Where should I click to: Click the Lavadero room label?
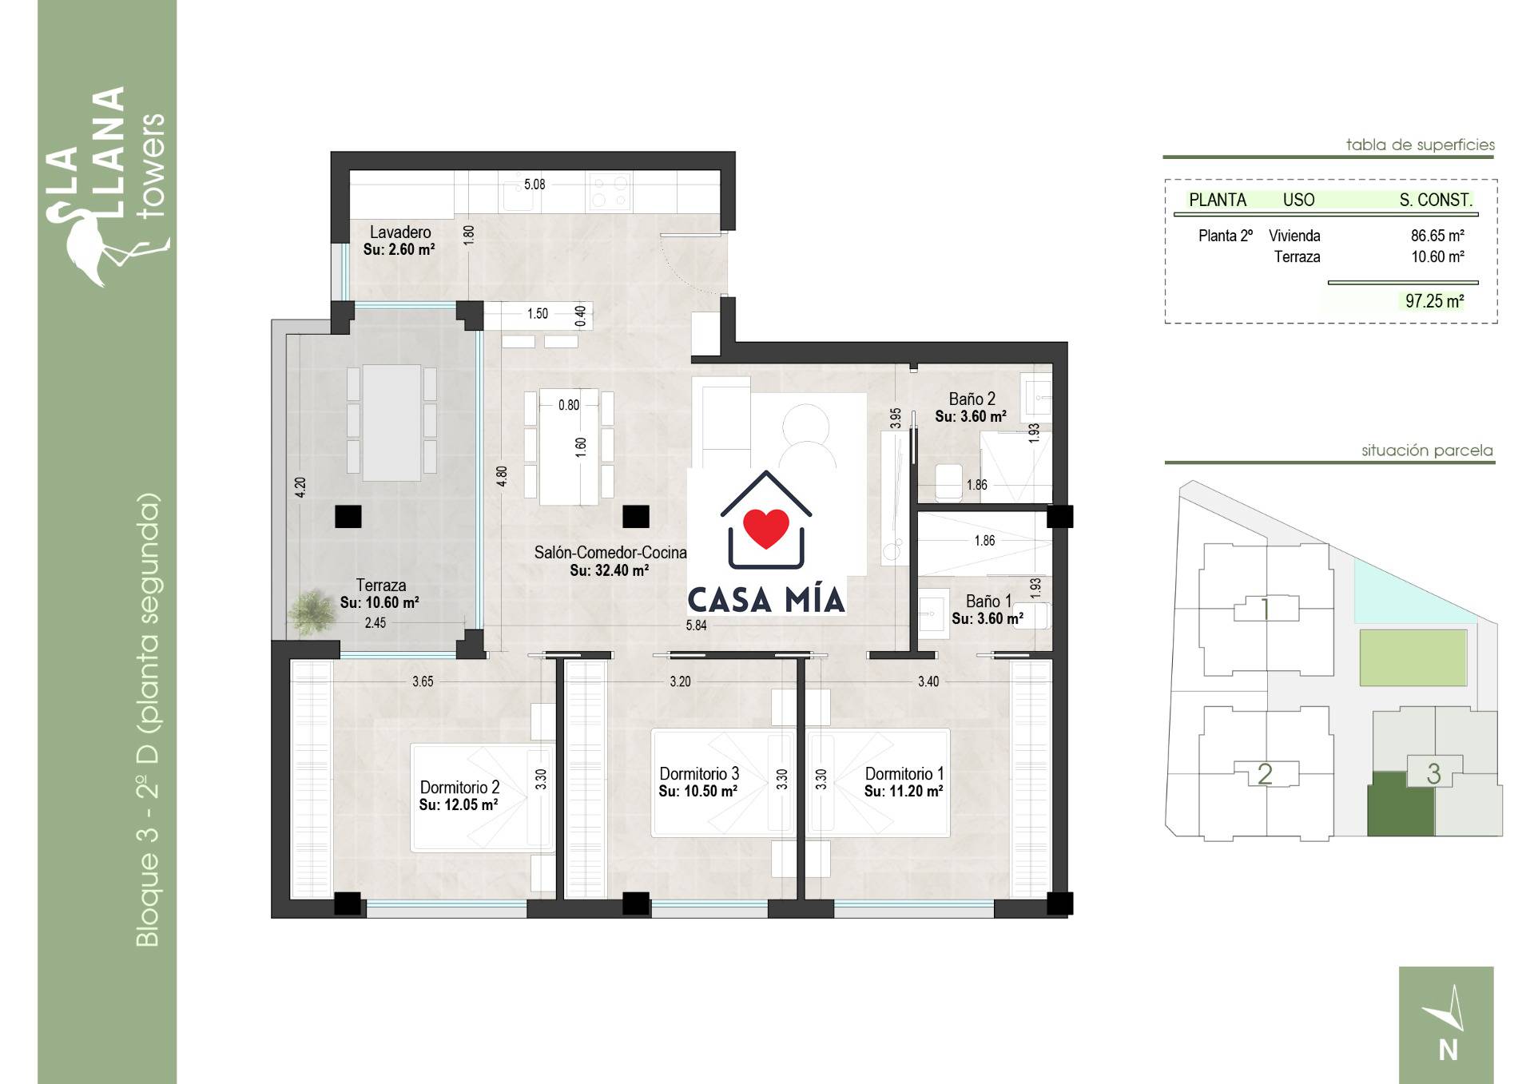point(400,232)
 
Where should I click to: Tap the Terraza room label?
point(381,586)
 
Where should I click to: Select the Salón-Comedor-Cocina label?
point(610,552)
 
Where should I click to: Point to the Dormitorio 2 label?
point(459,787)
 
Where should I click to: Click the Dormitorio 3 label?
point(699,773)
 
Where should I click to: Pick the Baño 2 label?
point(972,399)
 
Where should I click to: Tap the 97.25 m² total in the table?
point(1435,301)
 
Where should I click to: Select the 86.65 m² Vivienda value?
point(1437,236)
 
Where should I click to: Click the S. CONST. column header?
point(1436,201)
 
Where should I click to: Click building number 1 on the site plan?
point(1265,610)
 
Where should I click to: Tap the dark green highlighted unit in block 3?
point(1401,804)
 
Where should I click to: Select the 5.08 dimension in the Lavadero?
point(535,185)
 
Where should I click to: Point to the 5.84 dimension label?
point(696,625)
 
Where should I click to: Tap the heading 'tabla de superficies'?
point(1420,145)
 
